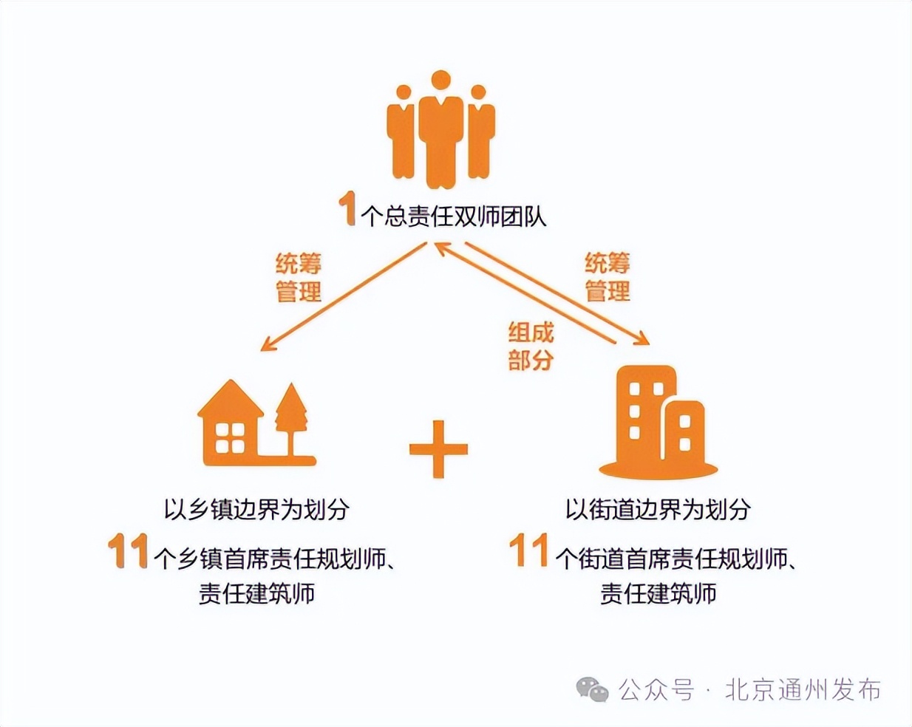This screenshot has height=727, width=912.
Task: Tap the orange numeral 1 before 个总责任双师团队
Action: [x=347, y=208]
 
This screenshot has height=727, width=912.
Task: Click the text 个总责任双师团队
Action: [x=453, y=216]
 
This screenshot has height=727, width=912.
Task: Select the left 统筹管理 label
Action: [x=298, y=277]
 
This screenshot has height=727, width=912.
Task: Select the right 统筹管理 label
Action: [x=607, y=276]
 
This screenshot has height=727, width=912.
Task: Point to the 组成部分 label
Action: [x=530, y=346]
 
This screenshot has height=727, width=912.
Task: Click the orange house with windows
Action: [x=230, y=426]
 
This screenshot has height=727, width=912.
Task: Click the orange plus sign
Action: [x=438, y=449]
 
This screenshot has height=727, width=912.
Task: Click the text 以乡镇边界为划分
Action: [x=256, y=509]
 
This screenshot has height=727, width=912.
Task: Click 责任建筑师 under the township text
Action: [x=256, y=593]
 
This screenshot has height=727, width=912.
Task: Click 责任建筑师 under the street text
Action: [x=658, y=593]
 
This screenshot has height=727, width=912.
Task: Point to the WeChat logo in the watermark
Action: [x=592, y=689]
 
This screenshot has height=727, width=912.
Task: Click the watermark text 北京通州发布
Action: [x=803, y=689]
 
